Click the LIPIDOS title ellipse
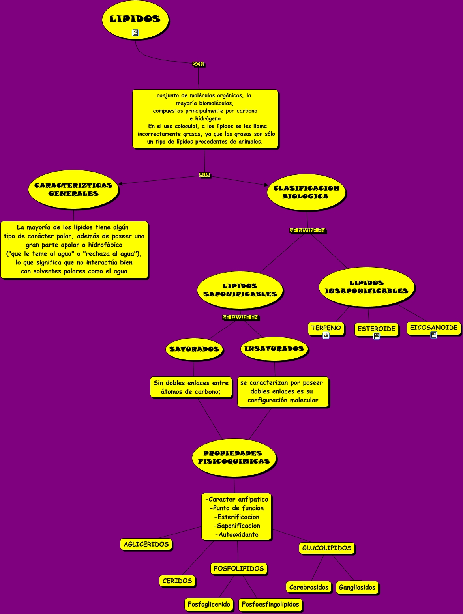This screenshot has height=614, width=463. coord(135,19)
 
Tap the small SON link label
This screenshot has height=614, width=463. coord(198,64)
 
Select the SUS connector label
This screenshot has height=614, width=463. coord(204,175)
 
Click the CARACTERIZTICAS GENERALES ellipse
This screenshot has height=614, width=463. coord(73,190)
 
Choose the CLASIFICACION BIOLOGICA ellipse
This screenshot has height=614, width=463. coord(306,192)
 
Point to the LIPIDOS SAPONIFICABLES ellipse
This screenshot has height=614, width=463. coord(240,290)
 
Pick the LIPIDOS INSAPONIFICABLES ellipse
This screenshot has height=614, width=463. coord(366,287)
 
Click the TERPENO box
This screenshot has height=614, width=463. coord(326,328)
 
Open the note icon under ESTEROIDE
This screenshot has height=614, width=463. coord(377,336)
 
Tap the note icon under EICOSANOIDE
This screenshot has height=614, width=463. coord(434,335)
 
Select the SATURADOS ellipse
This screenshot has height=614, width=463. coord(194,349)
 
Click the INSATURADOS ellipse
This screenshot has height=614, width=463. coord(274,349)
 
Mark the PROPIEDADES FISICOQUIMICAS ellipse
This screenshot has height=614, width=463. coord(234,457)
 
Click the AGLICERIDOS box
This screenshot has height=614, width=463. coord(146,544)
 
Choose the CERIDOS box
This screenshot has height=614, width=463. coord(177,581)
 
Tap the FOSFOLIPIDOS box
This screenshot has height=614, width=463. coord(239,569)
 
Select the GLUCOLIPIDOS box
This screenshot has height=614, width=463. coord(327,548)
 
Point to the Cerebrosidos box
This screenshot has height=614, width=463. coord(309,587)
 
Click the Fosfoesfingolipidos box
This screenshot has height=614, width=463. coord(270,604)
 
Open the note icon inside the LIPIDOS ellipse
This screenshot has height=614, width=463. coord(135,33)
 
